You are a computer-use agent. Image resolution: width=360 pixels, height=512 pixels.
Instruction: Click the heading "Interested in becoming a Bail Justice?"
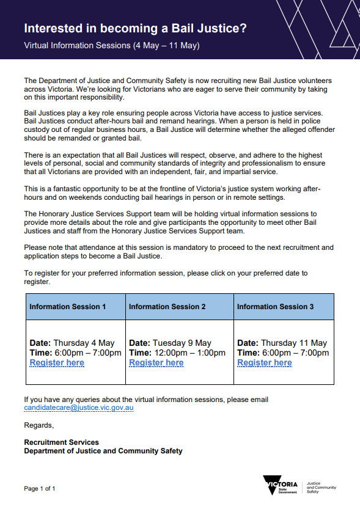pyautogui.click(x=135, y=29)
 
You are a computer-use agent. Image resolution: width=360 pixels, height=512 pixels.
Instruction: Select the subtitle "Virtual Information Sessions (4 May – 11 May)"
pyautogui.click(x=112, y=46)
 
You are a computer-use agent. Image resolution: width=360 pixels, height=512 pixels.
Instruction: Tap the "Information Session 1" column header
pyautogui.click(x=68, y=307)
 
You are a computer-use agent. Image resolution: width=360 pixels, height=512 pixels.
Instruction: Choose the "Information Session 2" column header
pyautogui.click(x=167, y=307)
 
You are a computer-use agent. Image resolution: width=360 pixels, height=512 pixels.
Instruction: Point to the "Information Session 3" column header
pyautogui.click(x=276, y=307)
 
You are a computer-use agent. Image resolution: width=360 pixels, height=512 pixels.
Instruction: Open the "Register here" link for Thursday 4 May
pyautogui.click(x=57, y=363)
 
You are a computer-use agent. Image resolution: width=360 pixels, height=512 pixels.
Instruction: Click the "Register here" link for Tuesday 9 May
pyautogui.click(x=156, y=363)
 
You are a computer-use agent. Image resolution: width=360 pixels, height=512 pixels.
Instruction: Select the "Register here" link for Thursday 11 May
pyautogui.click(x=265, y=363)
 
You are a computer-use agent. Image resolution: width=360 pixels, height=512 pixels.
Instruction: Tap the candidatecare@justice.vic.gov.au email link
pyautogui.click(x=79, y=408)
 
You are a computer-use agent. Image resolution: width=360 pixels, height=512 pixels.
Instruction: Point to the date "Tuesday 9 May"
pyautogui.click(x=182, y=343)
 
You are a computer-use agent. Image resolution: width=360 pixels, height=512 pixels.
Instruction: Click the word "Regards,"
pyautogui.click(x=39, y=425)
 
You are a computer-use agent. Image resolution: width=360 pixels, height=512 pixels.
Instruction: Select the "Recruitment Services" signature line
pyautogui.click(x=61, y=442)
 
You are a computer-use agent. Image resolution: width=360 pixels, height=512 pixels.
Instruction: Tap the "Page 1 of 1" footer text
pyautogui.click(x=40, y=489)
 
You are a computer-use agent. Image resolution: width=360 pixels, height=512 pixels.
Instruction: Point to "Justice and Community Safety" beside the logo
pyautogui.click(x=321, y=487)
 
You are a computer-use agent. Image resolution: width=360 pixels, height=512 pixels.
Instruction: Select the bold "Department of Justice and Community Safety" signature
pyautogui.click(x=103, y=452)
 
